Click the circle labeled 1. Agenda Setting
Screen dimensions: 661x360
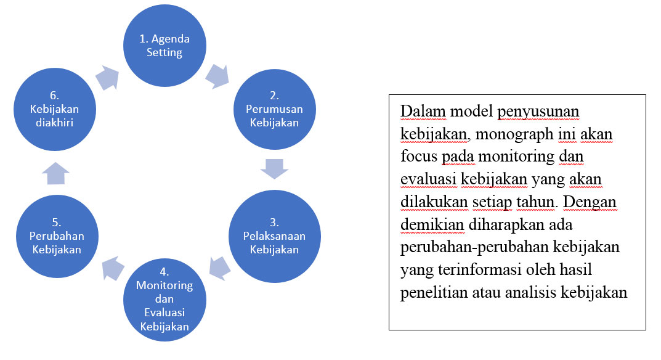[164, 46]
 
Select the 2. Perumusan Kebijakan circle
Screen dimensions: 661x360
[274, 109]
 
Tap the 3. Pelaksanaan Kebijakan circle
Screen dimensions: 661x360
[274, 236]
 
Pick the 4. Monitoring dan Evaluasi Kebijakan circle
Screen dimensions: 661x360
[164, 300]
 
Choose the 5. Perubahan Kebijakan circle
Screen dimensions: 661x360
[57, 236]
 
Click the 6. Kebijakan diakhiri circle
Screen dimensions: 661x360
[55, 109]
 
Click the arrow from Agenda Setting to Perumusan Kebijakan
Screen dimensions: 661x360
[217, 76]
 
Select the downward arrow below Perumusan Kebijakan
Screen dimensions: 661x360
[274, 169]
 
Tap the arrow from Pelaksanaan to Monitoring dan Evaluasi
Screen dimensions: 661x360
[220, 268]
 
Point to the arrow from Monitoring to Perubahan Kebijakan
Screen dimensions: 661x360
[113, 268]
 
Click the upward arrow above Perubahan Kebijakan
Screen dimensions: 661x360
[55, 173]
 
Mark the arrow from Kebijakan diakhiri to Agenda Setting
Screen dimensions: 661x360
[107, 78]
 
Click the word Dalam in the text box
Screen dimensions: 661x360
[423, 112]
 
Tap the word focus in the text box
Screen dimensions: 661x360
[419, 156]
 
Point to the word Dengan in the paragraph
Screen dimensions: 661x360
[590, 202]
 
